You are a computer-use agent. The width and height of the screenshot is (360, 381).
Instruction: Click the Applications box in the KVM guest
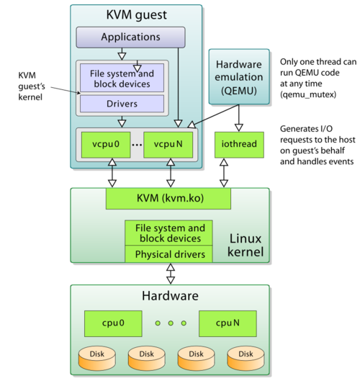[x=130, y=37]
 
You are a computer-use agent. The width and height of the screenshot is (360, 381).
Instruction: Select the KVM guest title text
[x=136, y=14]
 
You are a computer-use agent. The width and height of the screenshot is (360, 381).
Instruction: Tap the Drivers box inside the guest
[x=121, y=104]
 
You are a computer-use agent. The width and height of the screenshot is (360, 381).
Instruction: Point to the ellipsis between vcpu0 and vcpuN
[x=137, y=144]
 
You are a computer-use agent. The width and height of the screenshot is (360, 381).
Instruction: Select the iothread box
[x=240, y=145]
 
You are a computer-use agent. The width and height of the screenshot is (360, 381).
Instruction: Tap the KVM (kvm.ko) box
[x=168, y=198]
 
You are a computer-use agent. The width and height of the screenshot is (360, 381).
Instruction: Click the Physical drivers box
[x=169, y=254]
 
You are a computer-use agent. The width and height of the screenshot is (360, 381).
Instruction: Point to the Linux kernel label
[x=246, y=245]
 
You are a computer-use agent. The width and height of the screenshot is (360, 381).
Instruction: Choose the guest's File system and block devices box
[x=121, y=78]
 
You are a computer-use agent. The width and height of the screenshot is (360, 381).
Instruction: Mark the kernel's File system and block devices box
[x=169, y=233]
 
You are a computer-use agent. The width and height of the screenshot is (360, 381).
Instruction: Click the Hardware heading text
[x=170, y=296]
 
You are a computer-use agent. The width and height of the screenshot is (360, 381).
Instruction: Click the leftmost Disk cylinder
[x=96, y=355]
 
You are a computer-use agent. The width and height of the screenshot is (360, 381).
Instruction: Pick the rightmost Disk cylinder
[x=246, y=355]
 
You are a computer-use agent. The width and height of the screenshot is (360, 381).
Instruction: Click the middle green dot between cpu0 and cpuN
[x=171, y=323]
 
